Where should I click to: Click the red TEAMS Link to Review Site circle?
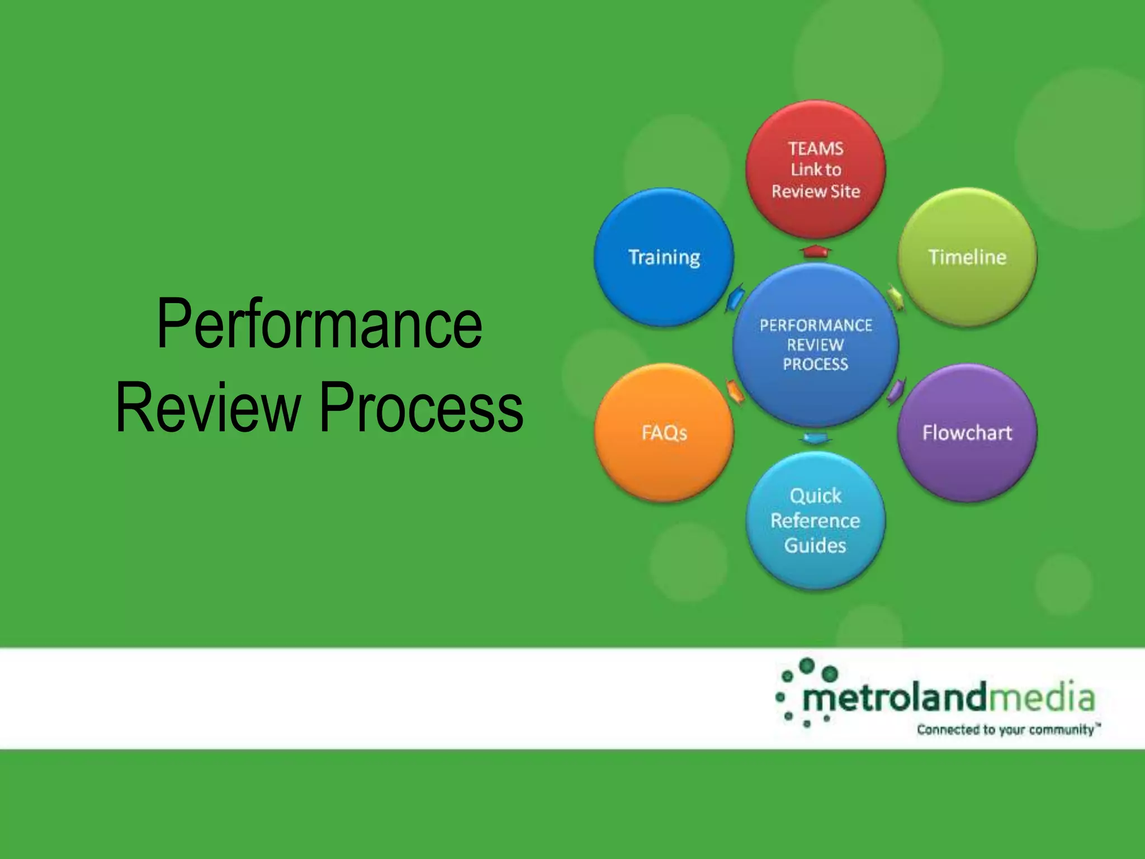click(x=816, y=170)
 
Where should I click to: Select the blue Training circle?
click(x=664, y=257)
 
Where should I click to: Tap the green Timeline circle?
click(x=967, y=257)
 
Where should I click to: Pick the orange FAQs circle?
click(x=664, y=432)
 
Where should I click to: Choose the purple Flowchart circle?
click(x=967, y=432)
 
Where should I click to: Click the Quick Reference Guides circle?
click(x=816, y=520)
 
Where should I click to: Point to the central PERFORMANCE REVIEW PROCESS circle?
click(x=816, y=344)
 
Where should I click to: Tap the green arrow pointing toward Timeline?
click(x=896, y=298)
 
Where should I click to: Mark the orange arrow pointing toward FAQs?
click(x=735, y=390)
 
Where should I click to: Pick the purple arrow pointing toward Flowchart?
click(x=896, y=390)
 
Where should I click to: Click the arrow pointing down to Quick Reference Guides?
click(x=816, y=438)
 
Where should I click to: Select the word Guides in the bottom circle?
click(x=815, y=545)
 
